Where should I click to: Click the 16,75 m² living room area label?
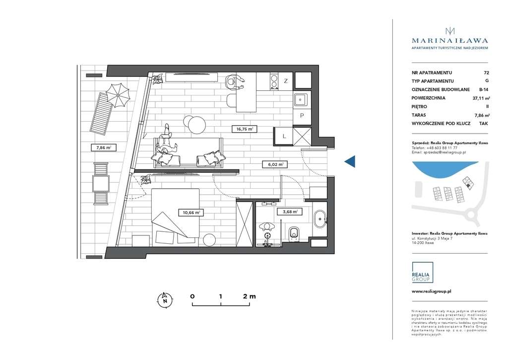pyautogui.click(x=243, y=129)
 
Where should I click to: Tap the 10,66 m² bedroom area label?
pyautogui.click(x=190, y=213)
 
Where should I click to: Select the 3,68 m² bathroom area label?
pyautogui.click(x=290, y=212)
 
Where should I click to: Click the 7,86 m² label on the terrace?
pyautogui.click(x=104, y=147)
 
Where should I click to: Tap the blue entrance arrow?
pyautogui.click(x=350, y=161)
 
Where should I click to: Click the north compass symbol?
pyautogui.click(x=164, y=299)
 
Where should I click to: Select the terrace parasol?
pyautogui.click(x=118, y=94)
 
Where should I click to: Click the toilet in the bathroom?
pyautogui.click(x=295, y=232)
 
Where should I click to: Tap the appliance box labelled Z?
pyautogui.click(x=286, y=81)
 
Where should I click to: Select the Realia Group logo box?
pyautogui.click(x=422, y=273)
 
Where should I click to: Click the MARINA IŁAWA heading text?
pyautogui.click(x=450, y=41)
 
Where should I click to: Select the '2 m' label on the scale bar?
pyautogui.click(x=249, y=296)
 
